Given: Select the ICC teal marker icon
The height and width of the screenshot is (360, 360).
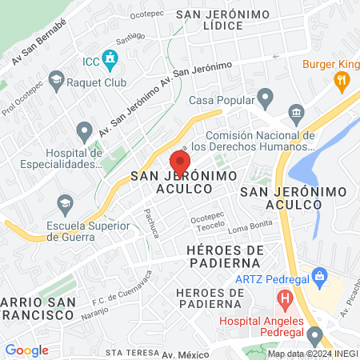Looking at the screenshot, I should click(x=110, y=58).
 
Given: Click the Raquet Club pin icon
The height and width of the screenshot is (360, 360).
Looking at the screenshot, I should click(x=57, y=78).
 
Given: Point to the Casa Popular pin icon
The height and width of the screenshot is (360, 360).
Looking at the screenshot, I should click(x=266, y=100).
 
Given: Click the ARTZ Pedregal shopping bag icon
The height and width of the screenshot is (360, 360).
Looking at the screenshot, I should click(x=321, y=278).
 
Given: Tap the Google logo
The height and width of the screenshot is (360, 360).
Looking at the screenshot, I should click(x=26, y=350).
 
